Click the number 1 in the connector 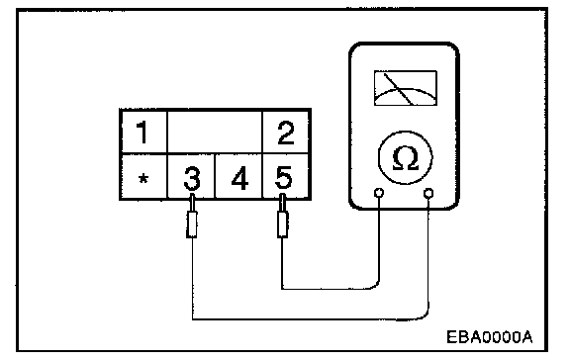point(142,133)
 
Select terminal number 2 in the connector point(285,133)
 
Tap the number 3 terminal point(192,178)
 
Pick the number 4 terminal point(239,178)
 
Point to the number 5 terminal point(284,177)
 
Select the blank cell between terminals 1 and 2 point(215,133)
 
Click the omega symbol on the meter point(406,158)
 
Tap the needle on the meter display point(398,89)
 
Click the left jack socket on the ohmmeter point(379,193)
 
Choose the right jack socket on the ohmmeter point(428,193)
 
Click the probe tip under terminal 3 point(192,217)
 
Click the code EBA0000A point(490,337)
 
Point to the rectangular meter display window point(406,88)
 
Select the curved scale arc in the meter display point(406,89)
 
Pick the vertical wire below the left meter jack point(379,238)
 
